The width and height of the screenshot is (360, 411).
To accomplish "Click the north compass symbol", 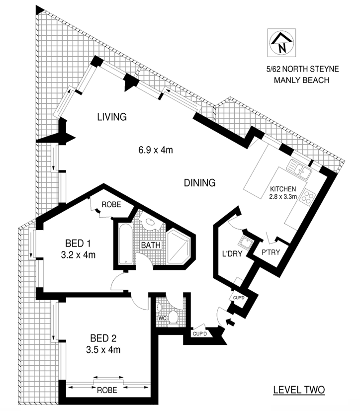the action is pyautogui.click(x=281, y=43).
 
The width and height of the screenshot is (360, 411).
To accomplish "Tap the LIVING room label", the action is pyautogui.click(x=112, y=117).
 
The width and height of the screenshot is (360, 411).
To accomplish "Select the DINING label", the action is pyautogui.click(x=200, y=183).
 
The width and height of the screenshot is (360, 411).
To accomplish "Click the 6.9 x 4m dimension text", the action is pyautogui.click(x=156, y=150).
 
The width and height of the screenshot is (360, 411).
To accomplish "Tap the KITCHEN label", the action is pyautogui.click(x=283, y=189).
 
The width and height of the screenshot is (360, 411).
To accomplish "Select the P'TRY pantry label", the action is pyautogui.click(x=271, y=252).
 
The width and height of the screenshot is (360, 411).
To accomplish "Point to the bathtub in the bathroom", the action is pyautogui.click(x=126, y=244).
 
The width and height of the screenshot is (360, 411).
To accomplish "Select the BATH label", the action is pyautogui.click(x=151, y=245).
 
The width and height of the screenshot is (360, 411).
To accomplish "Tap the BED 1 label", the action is pyautogui.click(x=78, y=244).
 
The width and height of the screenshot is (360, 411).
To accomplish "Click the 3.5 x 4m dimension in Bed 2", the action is pyautogui.click(x=103, y=350).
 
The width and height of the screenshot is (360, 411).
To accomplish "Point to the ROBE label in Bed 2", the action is pyautogui.click(x=107, y=390).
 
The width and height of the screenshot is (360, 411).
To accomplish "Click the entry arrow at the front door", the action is pyautogui.click(x=230, y=322).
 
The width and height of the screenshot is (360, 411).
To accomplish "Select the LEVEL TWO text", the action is pyautogui.click(x=299, y=390).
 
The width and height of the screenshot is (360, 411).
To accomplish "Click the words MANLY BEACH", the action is pyautogui.click(x=301, y=80).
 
